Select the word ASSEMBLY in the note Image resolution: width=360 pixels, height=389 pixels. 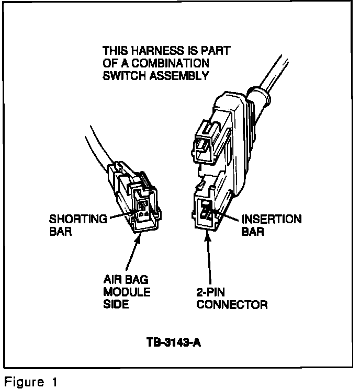tap(180, 75)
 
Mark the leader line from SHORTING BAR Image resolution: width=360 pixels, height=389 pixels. tap(123, 215)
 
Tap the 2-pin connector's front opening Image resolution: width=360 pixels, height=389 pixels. tap(208, 210)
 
